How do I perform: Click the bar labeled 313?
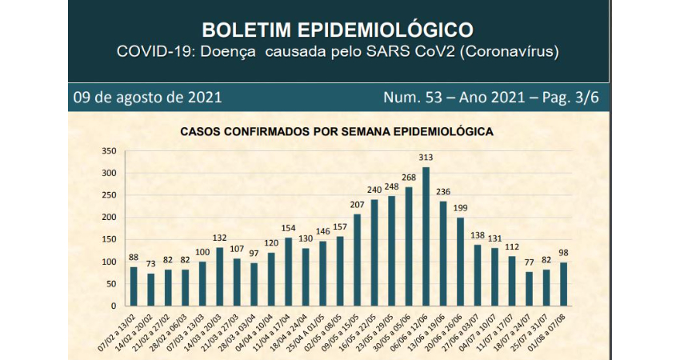(x=426, y=237)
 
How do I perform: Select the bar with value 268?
(x=409, y=246)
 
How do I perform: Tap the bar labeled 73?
(x=150, y=290)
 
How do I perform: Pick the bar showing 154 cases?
(x=288, y=272)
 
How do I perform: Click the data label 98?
(x=563, y=254)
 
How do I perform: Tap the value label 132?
(x=219, y=238)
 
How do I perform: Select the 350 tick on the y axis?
(x=110, y=151)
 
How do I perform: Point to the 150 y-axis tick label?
(x=110, y=240)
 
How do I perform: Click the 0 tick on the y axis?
(x=115, y=306)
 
